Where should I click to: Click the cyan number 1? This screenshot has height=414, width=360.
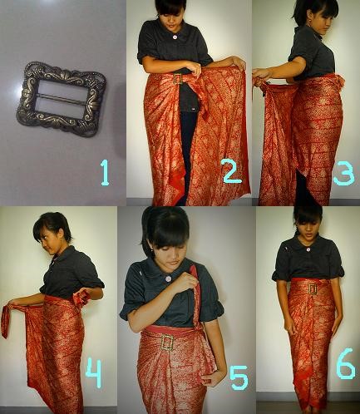coord(105,173)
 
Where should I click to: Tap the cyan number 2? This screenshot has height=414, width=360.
coord(233,171)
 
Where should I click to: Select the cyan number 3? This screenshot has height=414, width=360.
coord(343,174)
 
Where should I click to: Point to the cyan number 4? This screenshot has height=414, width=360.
coord(94,372)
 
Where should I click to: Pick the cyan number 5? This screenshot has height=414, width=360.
coord(239,377)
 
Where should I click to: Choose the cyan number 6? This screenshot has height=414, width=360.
coord(346,363)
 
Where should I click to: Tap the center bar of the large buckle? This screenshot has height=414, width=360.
coord(62,96)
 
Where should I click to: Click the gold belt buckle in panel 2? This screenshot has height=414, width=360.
coord(178,79)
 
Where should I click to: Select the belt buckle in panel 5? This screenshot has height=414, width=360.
coord(167,343)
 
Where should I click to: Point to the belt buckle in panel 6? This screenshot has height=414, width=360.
coord(313,289)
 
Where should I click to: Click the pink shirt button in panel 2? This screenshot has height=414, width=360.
coord(175,37)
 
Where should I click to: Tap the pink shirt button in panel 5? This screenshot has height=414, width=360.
coord(169,278)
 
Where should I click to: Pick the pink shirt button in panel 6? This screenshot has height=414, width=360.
coord(308,249)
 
